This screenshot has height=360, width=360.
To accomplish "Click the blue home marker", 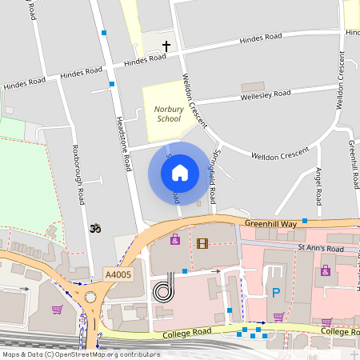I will (x=180, y=172).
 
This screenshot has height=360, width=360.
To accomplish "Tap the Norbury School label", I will (x=168, y=114).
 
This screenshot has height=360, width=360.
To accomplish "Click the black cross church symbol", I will (x=166, y=46).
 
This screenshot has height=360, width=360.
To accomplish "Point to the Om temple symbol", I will (x=94, y=229).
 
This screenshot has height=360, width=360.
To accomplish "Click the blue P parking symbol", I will (x=276, y=293).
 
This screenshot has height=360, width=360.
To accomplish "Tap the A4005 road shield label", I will (x=118, y=274).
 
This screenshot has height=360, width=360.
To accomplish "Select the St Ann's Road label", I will (x=320, y=249).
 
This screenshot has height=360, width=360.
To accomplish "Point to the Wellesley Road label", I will (x=266, y=96).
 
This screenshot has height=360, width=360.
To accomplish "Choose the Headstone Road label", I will (x=124, y=141).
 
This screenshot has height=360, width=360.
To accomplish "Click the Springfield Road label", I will (x=213, y=175).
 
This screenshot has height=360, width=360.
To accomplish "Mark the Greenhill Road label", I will (x=353, y=164).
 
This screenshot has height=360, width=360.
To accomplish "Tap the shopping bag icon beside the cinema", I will (x=174, y=239).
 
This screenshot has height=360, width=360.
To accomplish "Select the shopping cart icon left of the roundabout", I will (x=57, y=310).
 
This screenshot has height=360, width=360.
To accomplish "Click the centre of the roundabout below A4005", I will (x=90, y=298).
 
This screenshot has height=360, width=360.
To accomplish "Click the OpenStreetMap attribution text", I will (x=81, y=354).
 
